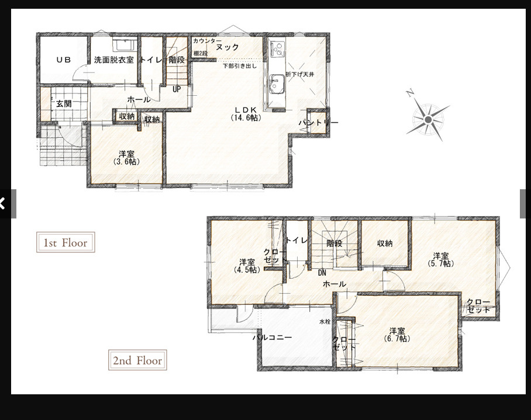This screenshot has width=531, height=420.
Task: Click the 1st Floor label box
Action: (x=65, y=242)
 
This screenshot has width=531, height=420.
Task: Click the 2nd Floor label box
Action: (x=137, y=360)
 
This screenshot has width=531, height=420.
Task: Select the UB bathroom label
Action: (x=64, y=60)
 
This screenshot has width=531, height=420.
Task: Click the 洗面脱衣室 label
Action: (x=114, y=60)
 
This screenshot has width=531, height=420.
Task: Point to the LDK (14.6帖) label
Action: (x=246, y=114)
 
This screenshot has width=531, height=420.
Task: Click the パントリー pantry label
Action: (x=318, y=123)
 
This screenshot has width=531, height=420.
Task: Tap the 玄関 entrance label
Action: (x=64, y=103)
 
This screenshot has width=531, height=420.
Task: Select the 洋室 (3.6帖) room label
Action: (x=127, y=158)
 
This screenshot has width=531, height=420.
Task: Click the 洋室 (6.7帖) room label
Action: (x=397, y=335)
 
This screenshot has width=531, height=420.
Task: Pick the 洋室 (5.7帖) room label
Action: (x=440, y=259)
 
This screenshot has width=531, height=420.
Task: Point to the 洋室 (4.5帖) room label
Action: (x=247, y=266)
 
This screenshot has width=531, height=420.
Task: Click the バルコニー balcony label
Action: (x=273, y=338)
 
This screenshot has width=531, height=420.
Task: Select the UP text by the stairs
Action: (x=177, y=89)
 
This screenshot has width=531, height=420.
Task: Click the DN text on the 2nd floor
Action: (x=322, y=273)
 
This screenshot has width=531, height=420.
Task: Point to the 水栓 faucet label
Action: (x=325, y=322)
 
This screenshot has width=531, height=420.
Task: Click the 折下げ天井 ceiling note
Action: (x=299, y=74)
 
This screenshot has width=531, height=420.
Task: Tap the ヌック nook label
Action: (x=227, y=47)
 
